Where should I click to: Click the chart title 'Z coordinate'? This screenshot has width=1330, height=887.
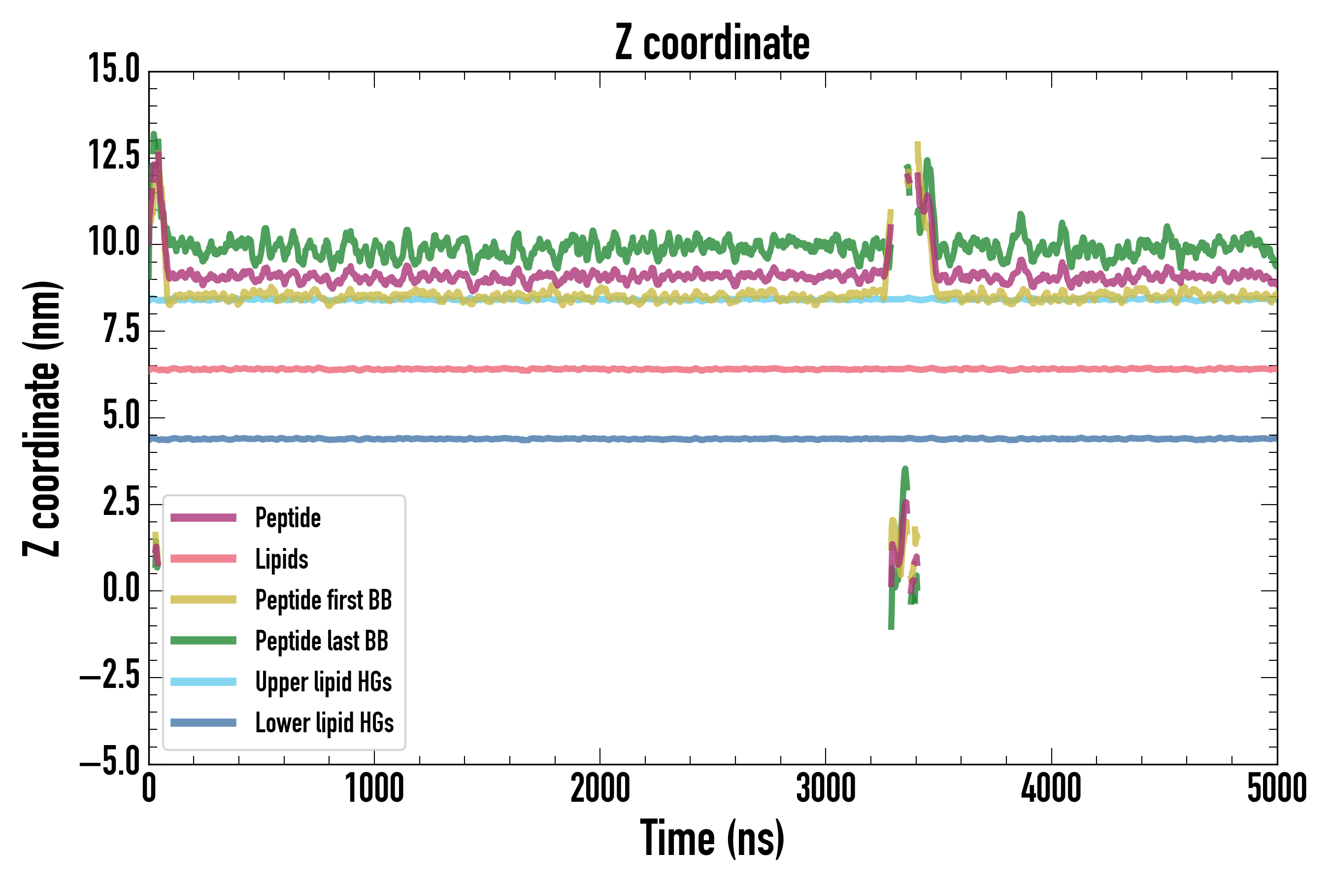pos(712,43)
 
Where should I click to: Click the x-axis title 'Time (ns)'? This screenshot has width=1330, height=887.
pos(712,838)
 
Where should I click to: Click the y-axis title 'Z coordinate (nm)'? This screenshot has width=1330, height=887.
pos(42,418)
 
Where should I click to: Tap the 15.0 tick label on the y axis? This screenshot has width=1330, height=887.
pos(114,69)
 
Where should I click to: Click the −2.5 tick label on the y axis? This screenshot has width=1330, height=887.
pos(110,676)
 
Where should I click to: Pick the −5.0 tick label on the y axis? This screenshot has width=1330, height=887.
pos(110,762)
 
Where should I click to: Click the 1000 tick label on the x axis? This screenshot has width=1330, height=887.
pos(374,788)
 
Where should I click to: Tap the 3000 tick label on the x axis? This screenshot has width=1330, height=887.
pos(826,788)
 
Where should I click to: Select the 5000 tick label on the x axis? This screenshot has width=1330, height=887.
pos(1277,788)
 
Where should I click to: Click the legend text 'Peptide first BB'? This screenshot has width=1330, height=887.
pos(324,600)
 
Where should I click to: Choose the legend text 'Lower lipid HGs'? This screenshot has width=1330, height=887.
pos(324,723)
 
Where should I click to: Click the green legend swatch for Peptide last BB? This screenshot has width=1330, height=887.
pos(203,640)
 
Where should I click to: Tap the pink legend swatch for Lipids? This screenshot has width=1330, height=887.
pos(203,559)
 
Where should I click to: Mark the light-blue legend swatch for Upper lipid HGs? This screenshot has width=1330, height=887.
pos(203,682)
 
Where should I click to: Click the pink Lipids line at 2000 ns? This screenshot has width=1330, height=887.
pos(600,370)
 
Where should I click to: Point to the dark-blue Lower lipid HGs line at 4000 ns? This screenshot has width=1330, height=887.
pos(1051,439)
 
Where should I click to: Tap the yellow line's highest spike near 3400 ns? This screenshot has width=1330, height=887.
pos(917,145)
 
